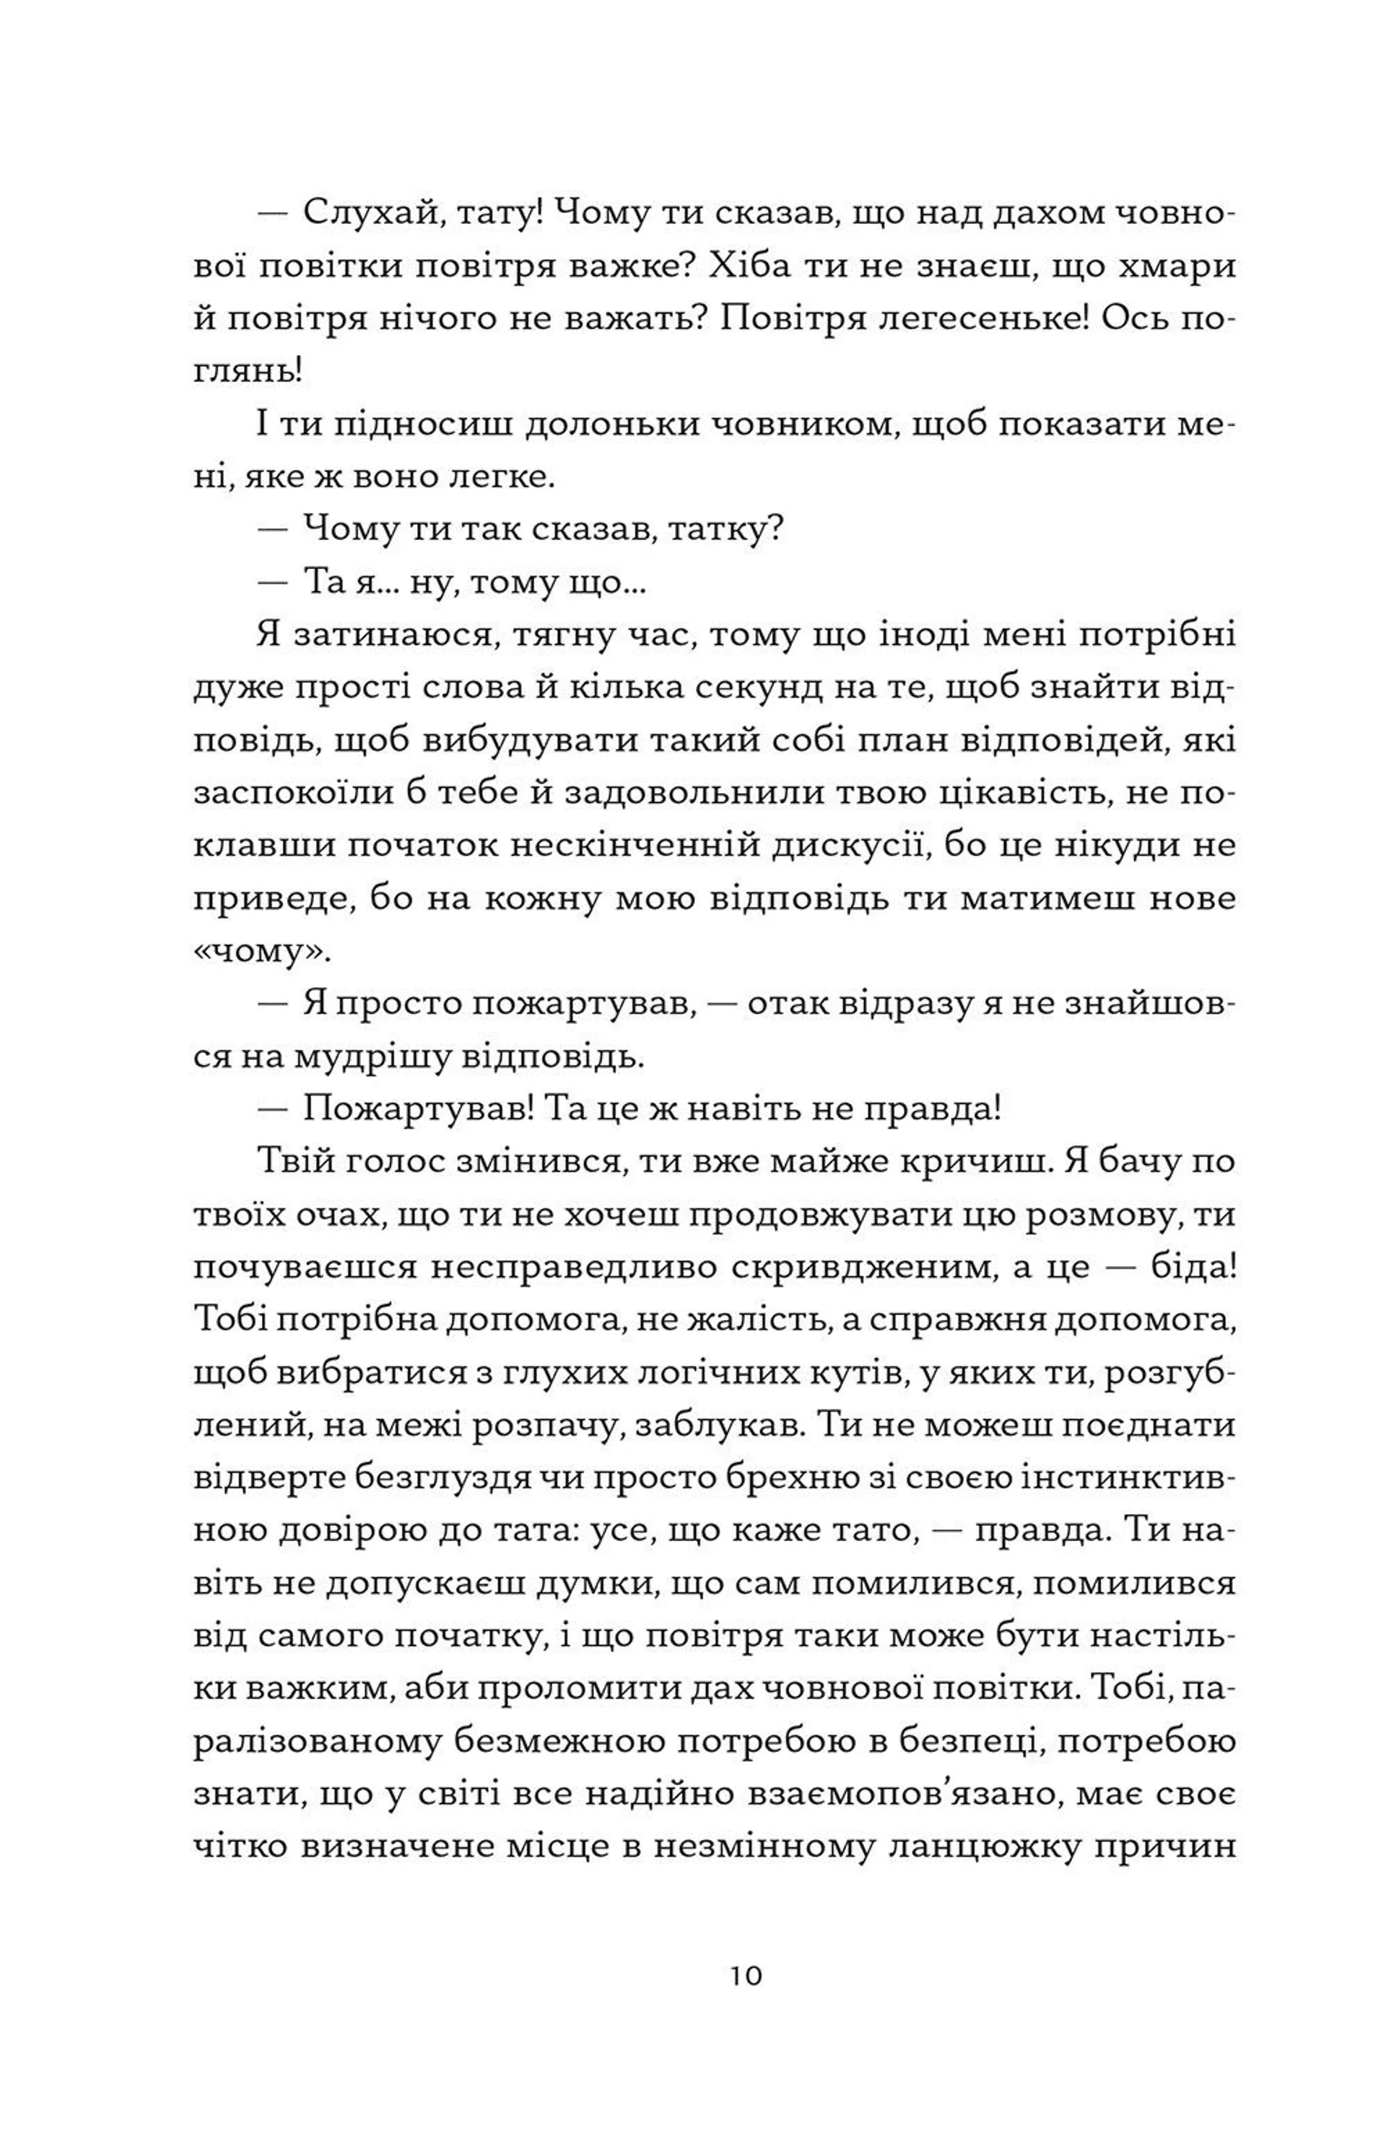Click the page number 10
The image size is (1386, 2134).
pos(745,1975)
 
